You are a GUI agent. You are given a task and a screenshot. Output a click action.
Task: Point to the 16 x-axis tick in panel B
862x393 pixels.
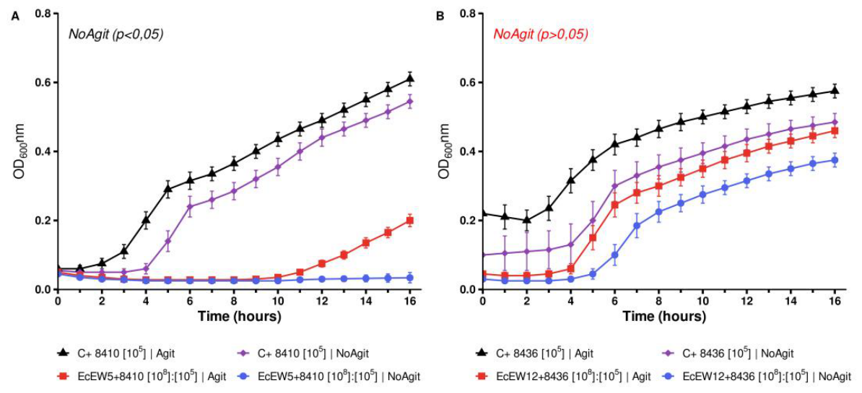[835, 301]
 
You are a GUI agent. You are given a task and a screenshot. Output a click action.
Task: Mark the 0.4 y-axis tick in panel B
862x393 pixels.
[469, 151]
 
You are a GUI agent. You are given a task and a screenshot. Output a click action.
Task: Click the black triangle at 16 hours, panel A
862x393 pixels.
[409, 79]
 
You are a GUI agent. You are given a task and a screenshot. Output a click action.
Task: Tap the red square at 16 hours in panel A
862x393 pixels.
[409, 221]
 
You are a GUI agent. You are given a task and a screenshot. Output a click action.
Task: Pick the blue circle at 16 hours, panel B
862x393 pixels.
[835, 160]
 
